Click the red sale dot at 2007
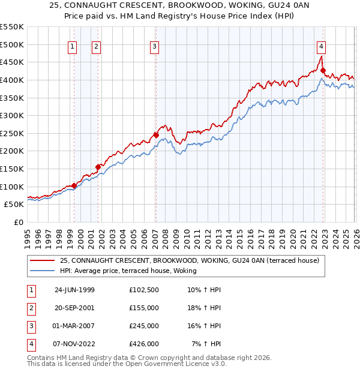click(x=156, y=135)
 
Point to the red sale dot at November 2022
click(x=323, y=71)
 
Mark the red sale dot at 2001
click(x=98, y=167)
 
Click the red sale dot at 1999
click(x=74, y=185)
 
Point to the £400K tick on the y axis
click(x=12, y=80)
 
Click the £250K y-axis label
click(x=12, y=133)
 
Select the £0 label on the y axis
click(x=18, y=222)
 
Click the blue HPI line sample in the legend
click(x=43, y=271)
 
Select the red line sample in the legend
click(x=43, y=261)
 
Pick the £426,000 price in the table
click(x=144, y=344)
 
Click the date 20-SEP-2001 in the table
click(x=74, y=308)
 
